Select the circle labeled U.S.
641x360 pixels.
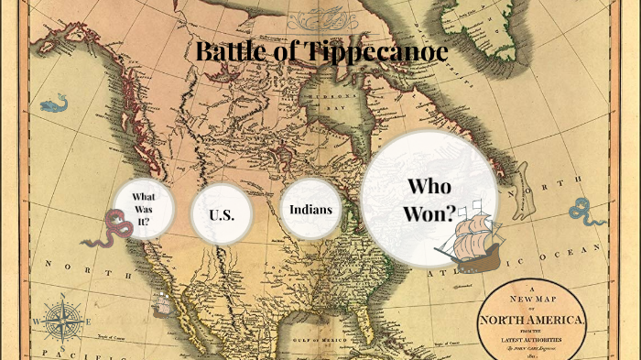tap(221, 215)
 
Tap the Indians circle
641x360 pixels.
tap(310, 209)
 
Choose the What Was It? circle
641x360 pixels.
tap(142, 208)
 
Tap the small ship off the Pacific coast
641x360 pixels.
tap(162, 301)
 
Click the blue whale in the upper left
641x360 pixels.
tap(54, 102)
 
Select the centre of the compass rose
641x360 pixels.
tap(57, 322)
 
